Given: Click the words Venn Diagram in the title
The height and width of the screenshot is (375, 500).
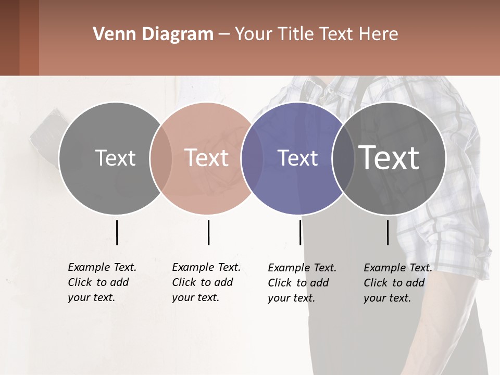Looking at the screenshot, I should pyautogui.click(x=153, y=34).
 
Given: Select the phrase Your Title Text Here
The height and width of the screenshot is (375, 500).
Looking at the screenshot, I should pyautogui.click(x=316, y=34).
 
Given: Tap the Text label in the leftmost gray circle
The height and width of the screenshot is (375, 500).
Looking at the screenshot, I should pyautogui.click(x=115, y=158).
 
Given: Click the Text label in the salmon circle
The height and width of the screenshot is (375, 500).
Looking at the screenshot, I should pyautogui.click(x=206, y=158).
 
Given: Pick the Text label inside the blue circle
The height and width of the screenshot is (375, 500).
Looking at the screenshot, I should pyautogui.click(x=297, y=158).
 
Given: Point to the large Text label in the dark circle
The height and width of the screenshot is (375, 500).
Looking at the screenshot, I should pyautogui.click(x=389, y=158).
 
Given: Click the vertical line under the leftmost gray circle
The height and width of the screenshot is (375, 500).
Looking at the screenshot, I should pyautogui.click(x=117, y=232).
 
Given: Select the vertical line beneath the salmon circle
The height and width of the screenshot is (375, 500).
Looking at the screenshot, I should pyautogui.click(x=208, y=232).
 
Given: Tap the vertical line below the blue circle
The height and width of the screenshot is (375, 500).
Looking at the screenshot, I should pyautogui.click(x=300, y=232).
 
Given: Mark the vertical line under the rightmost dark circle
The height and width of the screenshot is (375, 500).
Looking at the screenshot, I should pyautogui.click(x=387, y=232).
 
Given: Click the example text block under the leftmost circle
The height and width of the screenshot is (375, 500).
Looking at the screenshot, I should pyautogui.click(x=102, y=282).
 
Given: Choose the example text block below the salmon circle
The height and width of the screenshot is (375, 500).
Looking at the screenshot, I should pyautogui.click(x=206, y=282).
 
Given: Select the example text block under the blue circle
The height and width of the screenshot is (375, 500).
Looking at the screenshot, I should pyautogui.click(x=302, y=283).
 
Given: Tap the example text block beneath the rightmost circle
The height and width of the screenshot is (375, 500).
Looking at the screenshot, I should pyautogui.click(x=397, y=283).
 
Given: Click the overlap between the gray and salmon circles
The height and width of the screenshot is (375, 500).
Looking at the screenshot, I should pyautogui.click(x=161, y=158).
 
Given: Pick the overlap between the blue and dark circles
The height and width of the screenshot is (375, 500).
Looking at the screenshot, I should pyautogui.click(x=343, y=158).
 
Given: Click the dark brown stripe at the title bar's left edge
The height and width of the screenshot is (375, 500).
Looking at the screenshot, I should pyautogui.click(x=9, y=37).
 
